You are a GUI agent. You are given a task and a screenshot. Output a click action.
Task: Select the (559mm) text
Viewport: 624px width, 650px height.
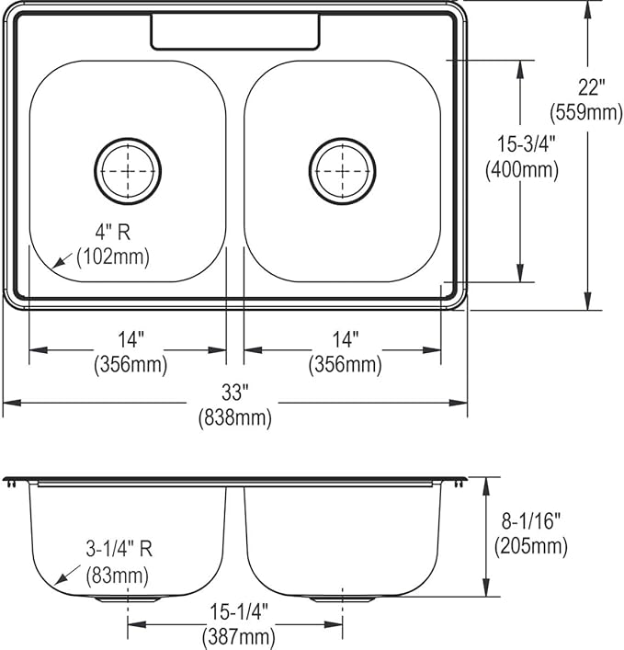click(x=586, y=112)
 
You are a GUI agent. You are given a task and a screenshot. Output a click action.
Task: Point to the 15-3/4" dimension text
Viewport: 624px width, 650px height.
click(x=526, y=144)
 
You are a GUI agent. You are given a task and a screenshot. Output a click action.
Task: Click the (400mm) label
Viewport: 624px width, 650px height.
click(x=522, y=169)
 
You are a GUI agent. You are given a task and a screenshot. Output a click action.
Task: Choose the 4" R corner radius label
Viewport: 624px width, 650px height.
click(x=113, y=232)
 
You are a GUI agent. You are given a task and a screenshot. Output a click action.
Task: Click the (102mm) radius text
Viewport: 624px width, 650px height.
click(x=113, y=257)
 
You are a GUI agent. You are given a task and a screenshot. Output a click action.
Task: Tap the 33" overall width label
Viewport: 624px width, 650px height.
click(x=234, y=393)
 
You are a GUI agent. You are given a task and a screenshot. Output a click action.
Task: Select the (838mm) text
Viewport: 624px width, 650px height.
click(x=235, y=417)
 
